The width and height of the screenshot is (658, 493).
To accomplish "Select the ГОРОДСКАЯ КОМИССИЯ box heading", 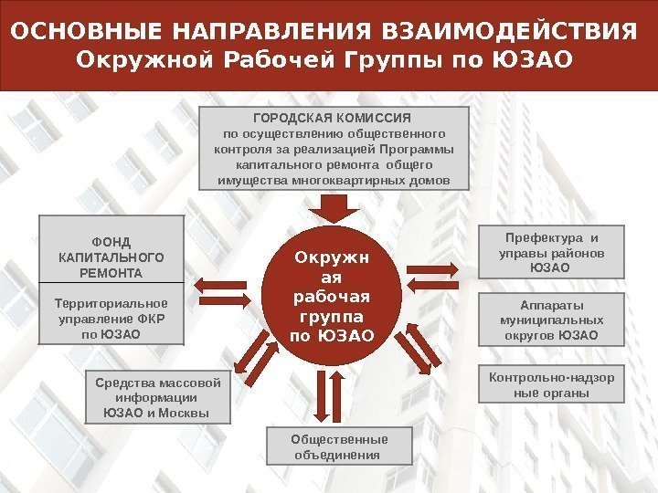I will [x=333, y=119].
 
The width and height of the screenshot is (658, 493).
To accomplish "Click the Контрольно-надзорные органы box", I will [x=551, y=385].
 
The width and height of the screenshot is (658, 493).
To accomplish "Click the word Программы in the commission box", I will [x=426, y=150].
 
